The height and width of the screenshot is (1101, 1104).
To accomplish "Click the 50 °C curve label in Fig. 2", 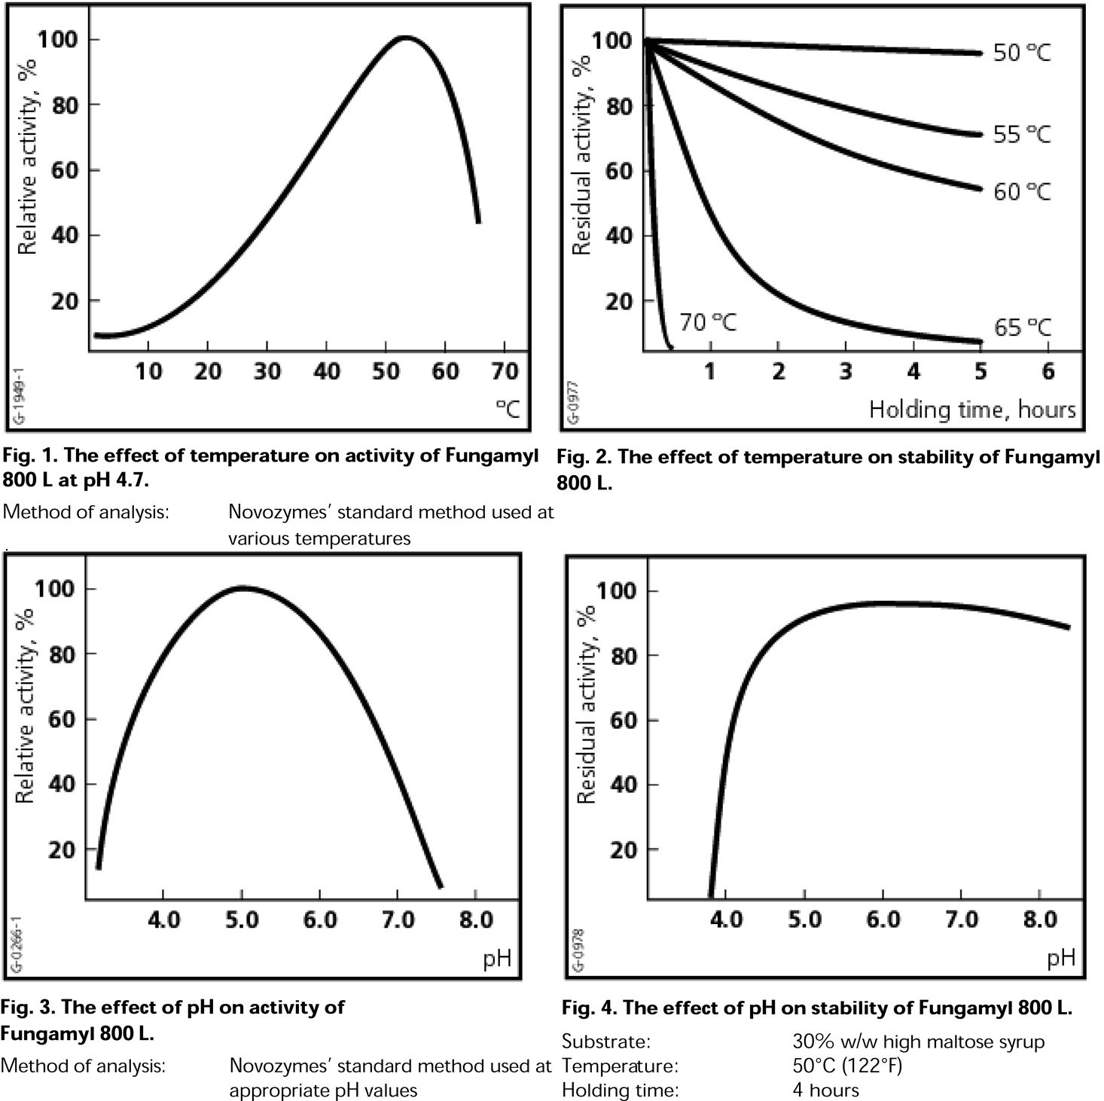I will (x=1021, y=53).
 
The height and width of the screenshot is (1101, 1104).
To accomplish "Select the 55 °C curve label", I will (x=1021, y=135).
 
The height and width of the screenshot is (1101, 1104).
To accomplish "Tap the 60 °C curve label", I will (x=1021, y=192).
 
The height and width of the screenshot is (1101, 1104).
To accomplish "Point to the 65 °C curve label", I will (x=1022, y=328).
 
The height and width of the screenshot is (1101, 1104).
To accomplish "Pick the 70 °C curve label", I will (x=708, y=322).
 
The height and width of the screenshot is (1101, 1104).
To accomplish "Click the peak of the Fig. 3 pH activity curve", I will (x=242, y=587).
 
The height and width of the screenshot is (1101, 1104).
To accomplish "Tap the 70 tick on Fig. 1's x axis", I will (x=505, y=371).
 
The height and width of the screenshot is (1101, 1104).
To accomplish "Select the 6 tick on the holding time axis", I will (x=1048, y=371).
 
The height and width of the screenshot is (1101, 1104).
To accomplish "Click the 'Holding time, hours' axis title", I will (x=972, y=410).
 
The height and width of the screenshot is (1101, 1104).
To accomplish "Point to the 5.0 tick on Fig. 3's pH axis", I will (x=242, y=920).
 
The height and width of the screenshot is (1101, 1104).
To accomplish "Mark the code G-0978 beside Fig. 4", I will (x=578, y=949).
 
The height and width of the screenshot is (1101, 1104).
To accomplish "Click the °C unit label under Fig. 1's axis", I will (x=508, y=409).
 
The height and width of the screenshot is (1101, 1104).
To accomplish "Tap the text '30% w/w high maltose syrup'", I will (x=918, y=1042).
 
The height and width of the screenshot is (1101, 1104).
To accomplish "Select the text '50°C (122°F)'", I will (x=847, y=1066).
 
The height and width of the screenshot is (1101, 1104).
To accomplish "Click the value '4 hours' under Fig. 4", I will (x=825, y=1090).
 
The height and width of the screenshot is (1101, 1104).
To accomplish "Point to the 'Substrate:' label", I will (x=606, y=1042).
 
